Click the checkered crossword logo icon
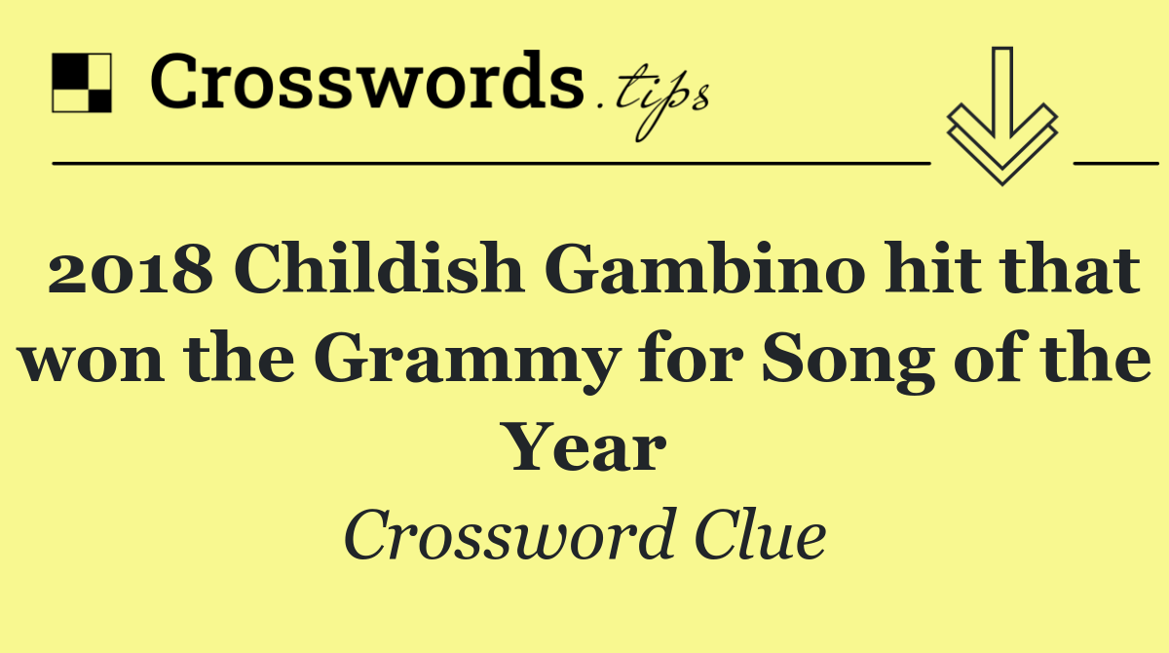pyautogui.click(x=81, y=83)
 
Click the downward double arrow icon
pyautogui.click(x=1001, y=117)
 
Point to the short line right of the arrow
pyautogui.click(x=1114, y=163)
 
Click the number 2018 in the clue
pyautogui.click(x=131, y=274)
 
